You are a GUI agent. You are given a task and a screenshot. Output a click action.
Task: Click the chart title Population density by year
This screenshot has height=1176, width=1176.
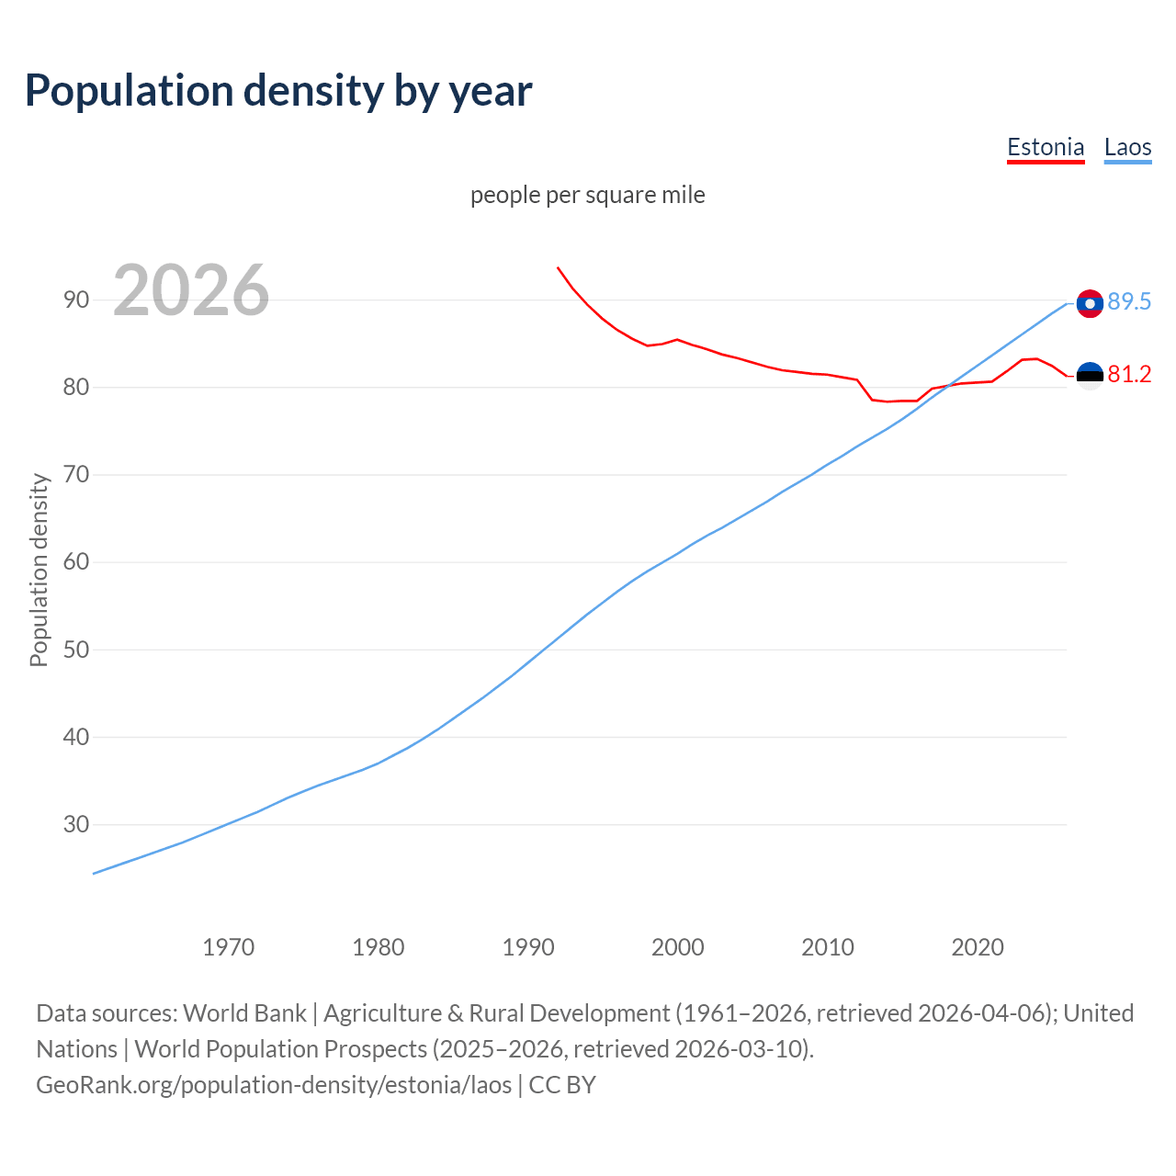[x=278, y=91]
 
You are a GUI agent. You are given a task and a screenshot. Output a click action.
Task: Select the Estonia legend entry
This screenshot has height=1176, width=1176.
[x=1046, y=147]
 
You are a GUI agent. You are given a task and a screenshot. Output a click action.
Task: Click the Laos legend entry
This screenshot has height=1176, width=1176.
[x=1127, y=147]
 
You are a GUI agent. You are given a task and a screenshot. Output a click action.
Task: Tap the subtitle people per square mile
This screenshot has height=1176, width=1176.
[x=587, y=195]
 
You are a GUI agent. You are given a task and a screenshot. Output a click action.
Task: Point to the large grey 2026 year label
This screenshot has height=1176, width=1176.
[x=191, y=290]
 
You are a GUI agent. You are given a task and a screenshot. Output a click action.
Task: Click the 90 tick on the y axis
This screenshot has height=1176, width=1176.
[x=76, y=300]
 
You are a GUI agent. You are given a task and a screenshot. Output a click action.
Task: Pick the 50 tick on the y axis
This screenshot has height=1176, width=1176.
[x=76, y=650]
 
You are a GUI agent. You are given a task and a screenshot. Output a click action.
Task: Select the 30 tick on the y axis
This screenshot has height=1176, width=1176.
[x=76, y=824]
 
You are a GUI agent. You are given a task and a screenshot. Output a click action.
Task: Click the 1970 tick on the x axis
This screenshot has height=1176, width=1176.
[x=228, y=946]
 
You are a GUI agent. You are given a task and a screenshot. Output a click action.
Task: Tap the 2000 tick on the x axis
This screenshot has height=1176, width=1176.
[x=677, y=946]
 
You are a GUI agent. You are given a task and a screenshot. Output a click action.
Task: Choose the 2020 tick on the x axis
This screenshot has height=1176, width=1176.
[x=977, y=946]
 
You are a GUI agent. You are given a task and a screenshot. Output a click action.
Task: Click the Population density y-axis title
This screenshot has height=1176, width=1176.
[x=39, y=570]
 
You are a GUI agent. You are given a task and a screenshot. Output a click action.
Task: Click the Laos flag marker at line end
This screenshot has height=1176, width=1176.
[x=1090, y=303]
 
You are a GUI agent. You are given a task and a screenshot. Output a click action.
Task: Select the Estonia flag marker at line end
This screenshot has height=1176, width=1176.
[x=1090, y=376]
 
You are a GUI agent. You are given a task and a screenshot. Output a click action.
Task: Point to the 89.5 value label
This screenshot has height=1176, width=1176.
[x=1129, y=301]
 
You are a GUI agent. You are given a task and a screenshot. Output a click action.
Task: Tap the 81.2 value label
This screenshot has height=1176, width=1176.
[x=1129, y=374]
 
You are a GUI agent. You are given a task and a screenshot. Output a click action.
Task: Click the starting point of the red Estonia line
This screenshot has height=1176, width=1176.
[x=558, y=267]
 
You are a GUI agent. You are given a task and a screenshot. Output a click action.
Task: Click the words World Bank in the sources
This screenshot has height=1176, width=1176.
[x=244, y=1012]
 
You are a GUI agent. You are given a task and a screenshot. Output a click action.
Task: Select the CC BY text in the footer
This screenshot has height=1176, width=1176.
[x=562, y=1084]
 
